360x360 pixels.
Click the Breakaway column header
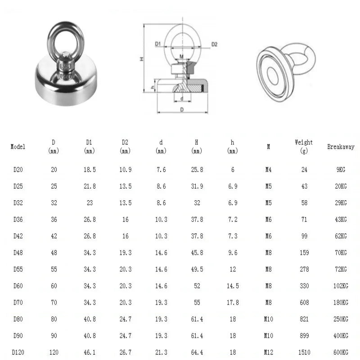[341, 147]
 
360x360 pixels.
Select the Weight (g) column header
[304, 146]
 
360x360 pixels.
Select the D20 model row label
[18, 170]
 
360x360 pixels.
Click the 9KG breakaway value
[341, 170]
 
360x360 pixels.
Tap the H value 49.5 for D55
[197, 270]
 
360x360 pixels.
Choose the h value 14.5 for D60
[233, 286]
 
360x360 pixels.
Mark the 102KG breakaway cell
[340, 286]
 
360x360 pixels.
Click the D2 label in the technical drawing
[214, 44]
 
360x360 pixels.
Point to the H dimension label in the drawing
[141, 59]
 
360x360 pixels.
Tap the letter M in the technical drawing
[181, 56]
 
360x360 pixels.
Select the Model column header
[18, 147]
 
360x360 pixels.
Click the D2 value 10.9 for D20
[125, 170]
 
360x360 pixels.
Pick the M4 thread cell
[269, 170]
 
